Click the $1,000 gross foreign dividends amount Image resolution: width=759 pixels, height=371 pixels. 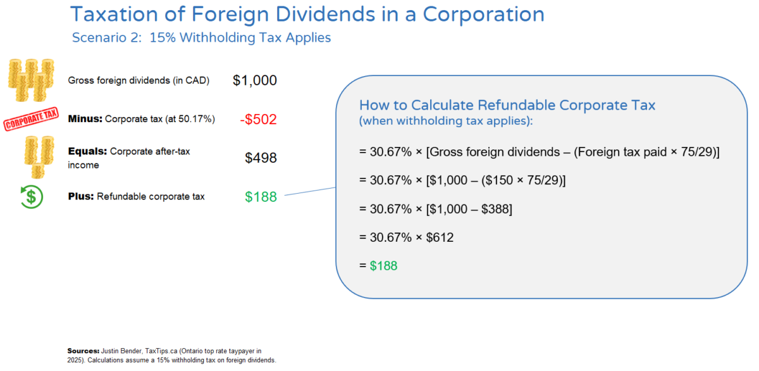tap(254, 80)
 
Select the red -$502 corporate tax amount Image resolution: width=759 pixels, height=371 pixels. tap(258, 119)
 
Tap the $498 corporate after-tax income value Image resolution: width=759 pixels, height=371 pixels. tap(261, 158)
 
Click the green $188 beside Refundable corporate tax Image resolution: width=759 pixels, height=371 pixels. tap(261, 197)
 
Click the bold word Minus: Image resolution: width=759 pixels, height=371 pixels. tap(85, 118)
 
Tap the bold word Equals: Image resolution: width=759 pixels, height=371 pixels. tap(87, 151)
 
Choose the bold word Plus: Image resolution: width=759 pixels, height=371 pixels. tap(81, 196)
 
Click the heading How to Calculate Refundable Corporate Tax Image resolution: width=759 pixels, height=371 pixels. tap(507, 105)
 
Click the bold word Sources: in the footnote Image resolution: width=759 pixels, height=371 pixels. tap(82, 350)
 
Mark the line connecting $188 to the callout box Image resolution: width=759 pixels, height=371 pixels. tap(310, 192)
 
